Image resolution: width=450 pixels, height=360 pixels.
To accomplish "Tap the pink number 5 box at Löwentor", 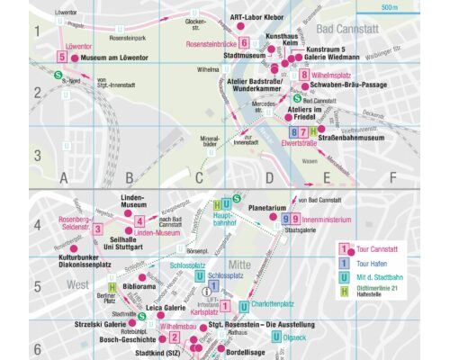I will click(x=61, y=57).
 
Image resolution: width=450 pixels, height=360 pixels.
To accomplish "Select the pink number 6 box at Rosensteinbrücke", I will click(x=244, y=43).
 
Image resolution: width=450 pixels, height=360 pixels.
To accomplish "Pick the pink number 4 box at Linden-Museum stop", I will click(x=139, y=220).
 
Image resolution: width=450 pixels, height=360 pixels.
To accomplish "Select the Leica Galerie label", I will click(x=166, y=308).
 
